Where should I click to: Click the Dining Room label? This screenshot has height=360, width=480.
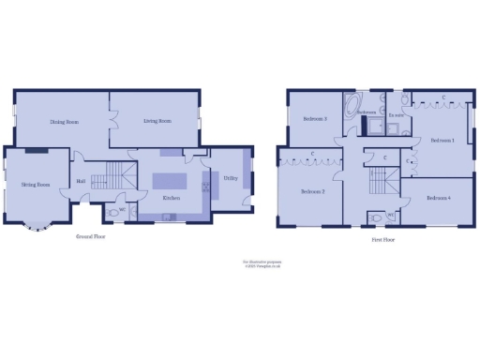click(63, 122)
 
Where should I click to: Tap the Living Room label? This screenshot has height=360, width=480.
click(157, 121)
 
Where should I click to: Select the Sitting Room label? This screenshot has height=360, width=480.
click(36, 185)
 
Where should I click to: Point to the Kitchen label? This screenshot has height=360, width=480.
click(171, 198)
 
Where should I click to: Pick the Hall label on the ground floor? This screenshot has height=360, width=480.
click(82, 181)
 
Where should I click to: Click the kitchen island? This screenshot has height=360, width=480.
click(171, 181)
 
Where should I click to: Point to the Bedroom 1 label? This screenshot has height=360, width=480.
click(441, 140)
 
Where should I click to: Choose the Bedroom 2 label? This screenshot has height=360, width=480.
click(311, 191)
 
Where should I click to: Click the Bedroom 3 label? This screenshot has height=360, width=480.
click(314, 119)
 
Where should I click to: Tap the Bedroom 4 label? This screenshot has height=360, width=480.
click(437, 198)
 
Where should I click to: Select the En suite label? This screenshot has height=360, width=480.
click(397, 115)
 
